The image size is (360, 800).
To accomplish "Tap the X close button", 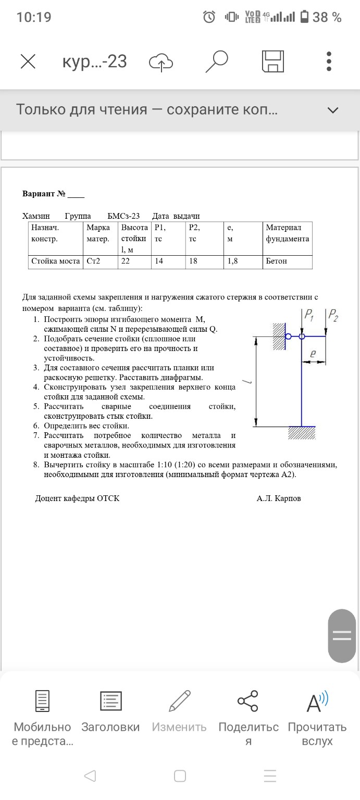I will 28,62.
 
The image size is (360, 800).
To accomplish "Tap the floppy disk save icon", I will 272,61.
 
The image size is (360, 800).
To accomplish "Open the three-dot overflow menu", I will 329,61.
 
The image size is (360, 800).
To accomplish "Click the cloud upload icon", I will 161,62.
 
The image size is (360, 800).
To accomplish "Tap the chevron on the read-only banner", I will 332,110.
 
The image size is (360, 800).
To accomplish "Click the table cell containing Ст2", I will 93,261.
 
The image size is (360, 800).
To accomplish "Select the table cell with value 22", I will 126,261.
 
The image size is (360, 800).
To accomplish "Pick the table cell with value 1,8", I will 232,261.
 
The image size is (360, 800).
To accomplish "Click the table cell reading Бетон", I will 276,261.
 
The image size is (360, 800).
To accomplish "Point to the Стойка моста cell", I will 55,261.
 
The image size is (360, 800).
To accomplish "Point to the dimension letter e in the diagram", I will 313,354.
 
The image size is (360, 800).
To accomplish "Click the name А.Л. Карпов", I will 278,498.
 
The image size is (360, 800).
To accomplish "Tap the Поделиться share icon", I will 248,701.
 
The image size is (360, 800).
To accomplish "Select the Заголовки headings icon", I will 110,701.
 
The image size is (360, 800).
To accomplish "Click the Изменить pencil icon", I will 180,701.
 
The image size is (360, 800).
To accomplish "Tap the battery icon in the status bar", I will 304,17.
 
